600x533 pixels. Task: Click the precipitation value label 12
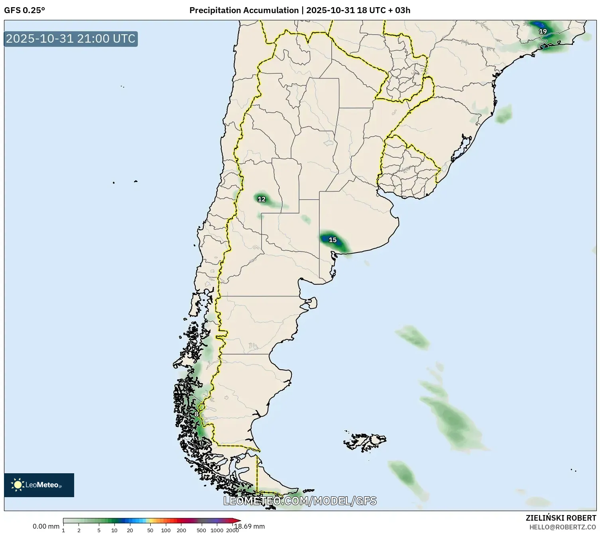point(262,199)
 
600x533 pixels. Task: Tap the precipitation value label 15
point(332,240)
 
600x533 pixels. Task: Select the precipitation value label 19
point(543,31)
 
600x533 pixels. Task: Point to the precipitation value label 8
point(196,414)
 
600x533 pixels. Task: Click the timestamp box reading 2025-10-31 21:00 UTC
point(71,39)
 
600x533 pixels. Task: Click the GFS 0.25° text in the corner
point(25,10)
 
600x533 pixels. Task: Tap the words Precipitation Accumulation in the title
point(244,10)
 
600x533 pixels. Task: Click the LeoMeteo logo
point(39,485)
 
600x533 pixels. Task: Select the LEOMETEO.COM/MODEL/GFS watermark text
point(300,501)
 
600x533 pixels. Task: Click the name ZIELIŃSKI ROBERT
point(561,518)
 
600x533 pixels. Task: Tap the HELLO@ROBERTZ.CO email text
point(562,527)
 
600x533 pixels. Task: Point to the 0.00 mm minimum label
point(46,526)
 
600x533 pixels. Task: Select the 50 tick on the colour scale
point(150,530)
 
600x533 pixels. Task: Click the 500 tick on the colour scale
point(201,530)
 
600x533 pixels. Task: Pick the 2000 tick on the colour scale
point(232,530)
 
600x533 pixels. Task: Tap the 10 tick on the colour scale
point(114,530)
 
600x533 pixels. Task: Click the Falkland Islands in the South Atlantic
point(365,441)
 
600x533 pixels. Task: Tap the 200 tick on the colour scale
point(181,530)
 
